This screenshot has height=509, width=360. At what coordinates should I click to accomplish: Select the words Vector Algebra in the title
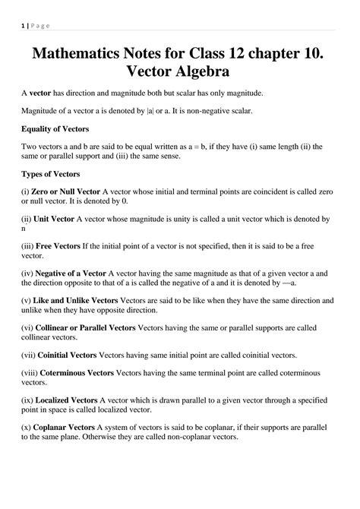tap(179, 74)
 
